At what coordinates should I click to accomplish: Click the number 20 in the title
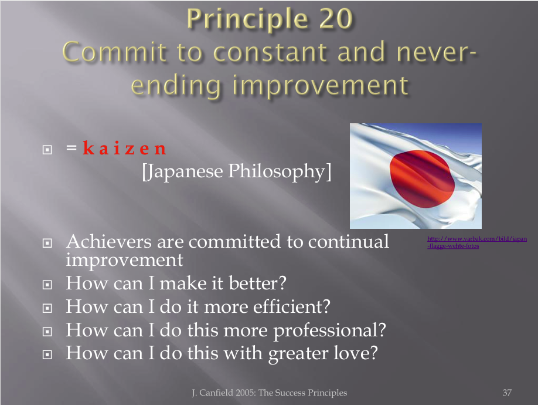(336, 19)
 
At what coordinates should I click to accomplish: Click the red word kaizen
(125, 148)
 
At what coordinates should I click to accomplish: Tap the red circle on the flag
(422, 178)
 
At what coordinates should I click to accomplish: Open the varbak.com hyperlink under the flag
(477, 242)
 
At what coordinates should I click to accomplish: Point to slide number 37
(507, 393)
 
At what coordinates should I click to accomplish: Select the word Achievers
(109, 241)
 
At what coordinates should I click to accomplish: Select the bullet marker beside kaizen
(47, 150)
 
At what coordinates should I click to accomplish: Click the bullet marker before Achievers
(47, 243)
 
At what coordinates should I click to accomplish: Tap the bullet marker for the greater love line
(47, 355)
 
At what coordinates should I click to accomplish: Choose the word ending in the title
(175, 86)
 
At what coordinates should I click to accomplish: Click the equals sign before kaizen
(71, 148)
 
